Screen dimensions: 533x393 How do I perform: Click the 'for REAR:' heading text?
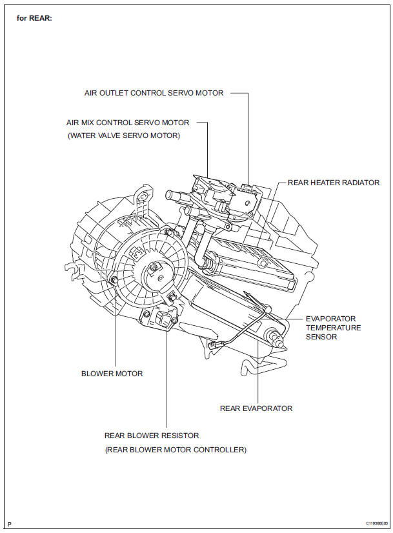pos(34,18)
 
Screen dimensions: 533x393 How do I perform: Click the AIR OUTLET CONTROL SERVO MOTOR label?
pos(154,93)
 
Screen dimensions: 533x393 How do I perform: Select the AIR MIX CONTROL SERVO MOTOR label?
pos(128,122)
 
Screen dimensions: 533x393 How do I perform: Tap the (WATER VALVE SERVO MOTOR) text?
pos(124,136)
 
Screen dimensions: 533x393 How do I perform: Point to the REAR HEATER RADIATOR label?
pos(333,183)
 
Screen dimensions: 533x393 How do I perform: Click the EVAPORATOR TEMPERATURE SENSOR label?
pos(333,327)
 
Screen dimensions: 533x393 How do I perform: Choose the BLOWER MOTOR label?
pos(112,373)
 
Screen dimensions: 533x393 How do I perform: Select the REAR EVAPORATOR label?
pos(256,408)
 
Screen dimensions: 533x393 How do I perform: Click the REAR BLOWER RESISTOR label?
pos(151,436)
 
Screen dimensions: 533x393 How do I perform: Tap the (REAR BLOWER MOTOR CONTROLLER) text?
pos(175,449)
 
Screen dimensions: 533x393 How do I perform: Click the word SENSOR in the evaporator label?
pos(321,336)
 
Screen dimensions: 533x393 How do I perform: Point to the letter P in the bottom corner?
pos(9,523)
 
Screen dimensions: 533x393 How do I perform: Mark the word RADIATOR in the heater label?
pos(360,183)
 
